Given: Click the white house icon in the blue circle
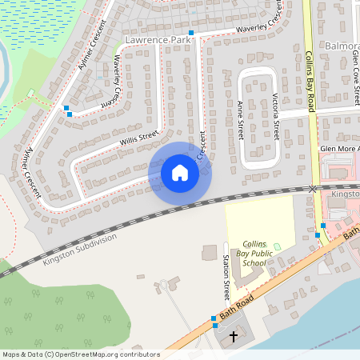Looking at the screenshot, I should tap(180, 172).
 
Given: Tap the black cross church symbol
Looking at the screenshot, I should tap(234, 337).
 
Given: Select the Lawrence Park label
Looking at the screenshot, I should tap(158, 38).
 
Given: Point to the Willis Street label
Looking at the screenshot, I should tap(140, 141).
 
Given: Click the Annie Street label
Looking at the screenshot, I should tap(240, 120).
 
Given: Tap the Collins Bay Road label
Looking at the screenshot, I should tap(311, 80).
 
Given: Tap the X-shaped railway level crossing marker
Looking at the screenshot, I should tap(313, 189).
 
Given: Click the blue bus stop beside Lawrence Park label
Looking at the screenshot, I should tap(191, 33).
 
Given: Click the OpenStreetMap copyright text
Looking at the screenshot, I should tap(80, 354).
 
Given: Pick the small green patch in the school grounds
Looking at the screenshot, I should tap(278, 246).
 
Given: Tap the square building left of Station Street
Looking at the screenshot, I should tap(209, 253).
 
